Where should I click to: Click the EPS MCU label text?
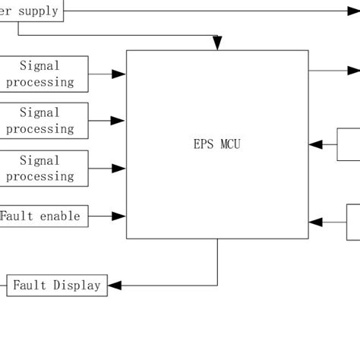pos(217,144)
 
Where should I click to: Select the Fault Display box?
pos(57,286)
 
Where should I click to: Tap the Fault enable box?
pos(43,216)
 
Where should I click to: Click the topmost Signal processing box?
pos(43,74)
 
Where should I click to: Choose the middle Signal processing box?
pos(43,121)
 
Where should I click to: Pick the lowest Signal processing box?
pos(43,168)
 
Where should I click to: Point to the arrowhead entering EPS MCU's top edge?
pos(217,43)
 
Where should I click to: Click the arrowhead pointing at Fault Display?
pos(115,286)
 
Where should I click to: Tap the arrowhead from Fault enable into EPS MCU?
pos(119,216)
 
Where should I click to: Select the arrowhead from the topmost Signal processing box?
pos(119,74)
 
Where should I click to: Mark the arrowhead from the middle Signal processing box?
pos(119,121)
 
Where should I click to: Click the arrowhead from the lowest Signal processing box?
pos(119,168)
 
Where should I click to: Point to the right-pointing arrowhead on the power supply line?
pos(354,11)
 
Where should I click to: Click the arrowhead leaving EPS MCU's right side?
pos(354,71)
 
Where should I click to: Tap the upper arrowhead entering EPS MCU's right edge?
pos(315,144)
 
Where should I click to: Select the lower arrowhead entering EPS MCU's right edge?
pos(315,222)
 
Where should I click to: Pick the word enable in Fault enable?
pos(60,216)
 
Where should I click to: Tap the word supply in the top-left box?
pos(38,11)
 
